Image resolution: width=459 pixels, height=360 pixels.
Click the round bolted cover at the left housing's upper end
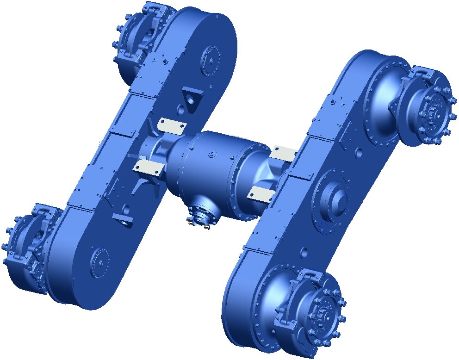point(211,60)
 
